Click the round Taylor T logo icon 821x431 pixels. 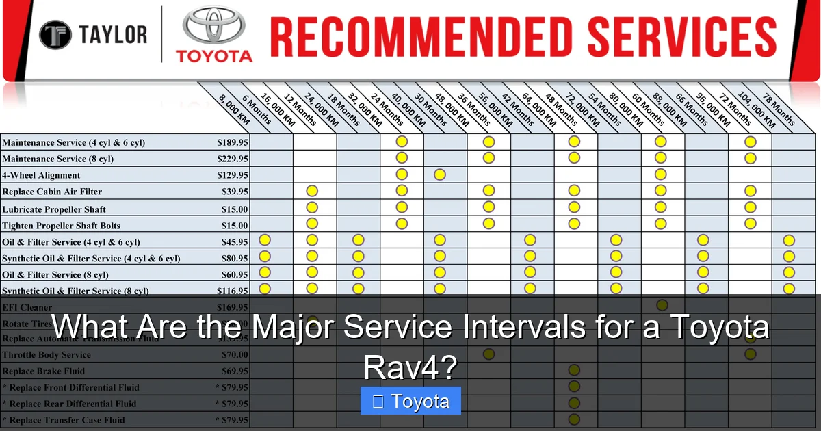click(x=55, y=35)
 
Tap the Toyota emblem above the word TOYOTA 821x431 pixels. click(x=214, y=27)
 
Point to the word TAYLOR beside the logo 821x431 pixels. click(x=113, y=35)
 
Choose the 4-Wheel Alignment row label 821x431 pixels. click(x=41, y=175)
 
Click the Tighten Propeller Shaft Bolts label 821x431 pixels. click(x=62, y=226)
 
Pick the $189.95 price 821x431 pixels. click(x=232, y=142)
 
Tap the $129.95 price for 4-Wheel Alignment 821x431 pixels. click(x=232, y=175)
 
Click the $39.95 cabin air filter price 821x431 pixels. click(x=235, y=192)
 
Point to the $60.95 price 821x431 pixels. click(x=235, y=275)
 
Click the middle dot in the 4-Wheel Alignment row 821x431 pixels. click(x=440, y=174)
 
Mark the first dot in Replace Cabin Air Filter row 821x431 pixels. click(x=312, y=191)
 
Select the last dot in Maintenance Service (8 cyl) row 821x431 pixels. click(x=751, y=158)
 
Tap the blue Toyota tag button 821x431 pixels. click(x=410, y=401)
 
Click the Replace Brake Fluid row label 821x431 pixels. click(x=43, y=371)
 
